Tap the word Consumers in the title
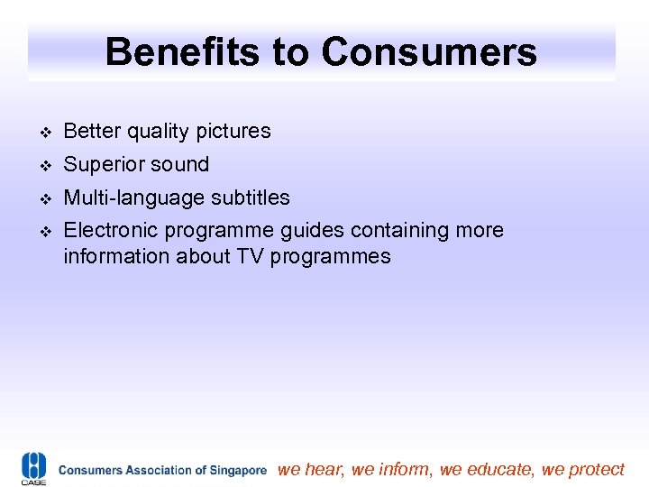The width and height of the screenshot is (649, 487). click(429, 52)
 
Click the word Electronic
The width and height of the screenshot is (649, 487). click(105, 231)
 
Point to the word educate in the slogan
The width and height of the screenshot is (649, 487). click(503, 469)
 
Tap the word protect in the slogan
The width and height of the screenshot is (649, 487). click(597, 469)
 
